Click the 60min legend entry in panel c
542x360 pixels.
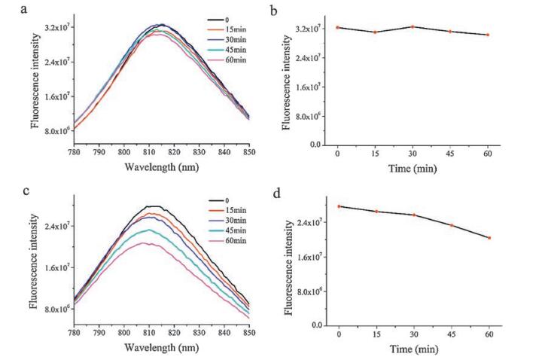pos(229,238)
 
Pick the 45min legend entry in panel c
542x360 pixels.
pos(229,227)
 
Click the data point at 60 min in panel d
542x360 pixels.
pos(488,238)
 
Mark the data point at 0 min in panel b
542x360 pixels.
pos(338,28)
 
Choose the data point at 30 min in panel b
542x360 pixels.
pos(413,27)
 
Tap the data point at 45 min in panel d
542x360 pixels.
pos(451,225)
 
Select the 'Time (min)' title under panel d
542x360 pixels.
pos(413,349)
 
